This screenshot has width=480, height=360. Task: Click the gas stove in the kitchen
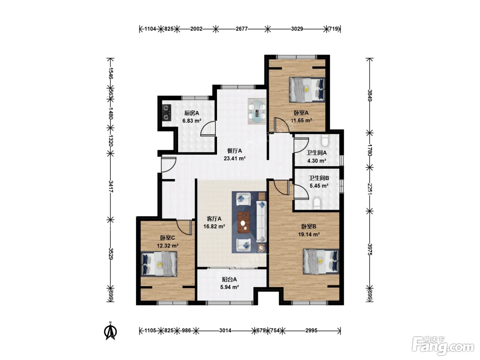tap(167, 112)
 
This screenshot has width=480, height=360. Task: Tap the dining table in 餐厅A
tap(257, 111)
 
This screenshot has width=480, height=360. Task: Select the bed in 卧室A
tap(307, 89)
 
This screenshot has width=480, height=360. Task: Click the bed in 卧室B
tap(321, 261)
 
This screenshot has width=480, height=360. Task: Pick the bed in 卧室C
tap(159, 264)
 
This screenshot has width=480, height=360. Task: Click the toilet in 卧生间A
tap(325, 141)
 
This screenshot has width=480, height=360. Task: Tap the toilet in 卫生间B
tap(317, 202)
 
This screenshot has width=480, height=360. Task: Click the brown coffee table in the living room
tap(244, 222)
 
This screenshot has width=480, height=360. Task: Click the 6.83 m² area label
tap(192, 121)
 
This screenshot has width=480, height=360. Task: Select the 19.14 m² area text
tap(309, 234)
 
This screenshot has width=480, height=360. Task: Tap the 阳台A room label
tap(229, 279)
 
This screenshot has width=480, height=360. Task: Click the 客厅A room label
tap(214, 219)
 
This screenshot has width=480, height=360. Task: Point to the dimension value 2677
tap(242, 29)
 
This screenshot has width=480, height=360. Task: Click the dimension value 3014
tap(225, 331)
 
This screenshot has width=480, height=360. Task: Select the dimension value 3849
tap(370, 96)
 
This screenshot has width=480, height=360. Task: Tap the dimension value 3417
tap(111, 187)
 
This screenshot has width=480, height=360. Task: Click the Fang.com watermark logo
tap(443, 346)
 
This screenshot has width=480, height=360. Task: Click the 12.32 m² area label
tap(168, 246)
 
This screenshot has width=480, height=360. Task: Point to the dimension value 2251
tap(370, 189)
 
